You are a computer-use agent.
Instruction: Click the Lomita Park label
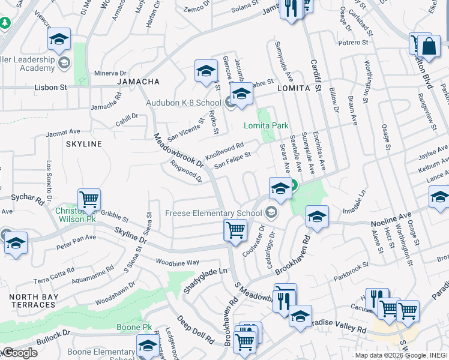pos(266,125)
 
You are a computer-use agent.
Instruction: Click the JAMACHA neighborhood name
pos(139,82)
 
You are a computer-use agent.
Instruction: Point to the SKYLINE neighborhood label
pos(83,144)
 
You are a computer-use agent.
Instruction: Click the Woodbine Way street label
pos(177,263)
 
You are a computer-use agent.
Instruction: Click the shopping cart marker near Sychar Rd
pos(89,200)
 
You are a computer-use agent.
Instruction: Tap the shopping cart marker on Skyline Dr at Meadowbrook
pos(235,230)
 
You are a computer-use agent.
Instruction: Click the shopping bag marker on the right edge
pos(430,46)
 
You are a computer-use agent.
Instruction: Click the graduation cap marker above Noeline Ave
pos(317,217)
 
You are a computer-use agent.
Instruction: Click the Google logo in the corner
pos(19,353)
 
